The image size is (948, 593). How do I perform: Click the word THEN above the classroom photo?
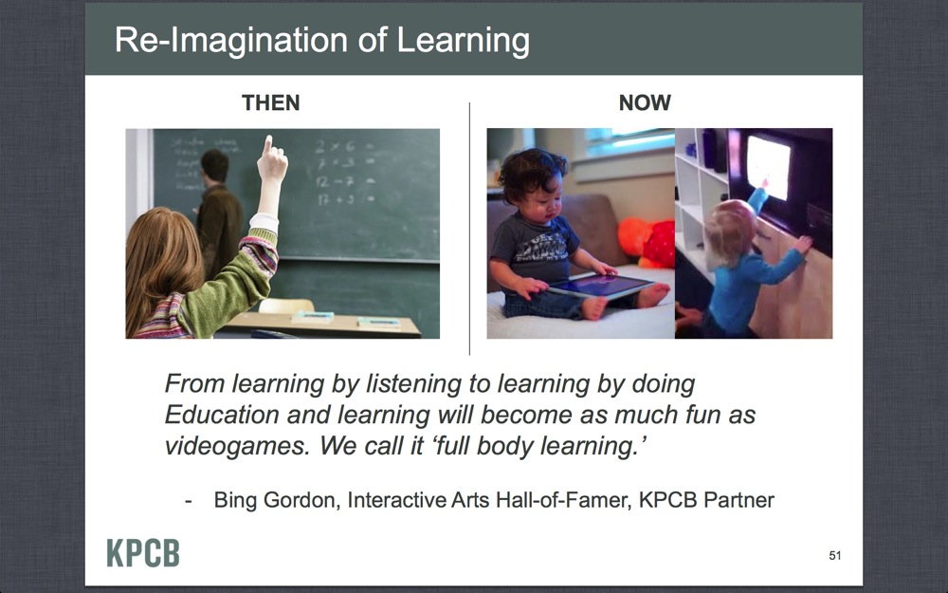click(x=271, y=102)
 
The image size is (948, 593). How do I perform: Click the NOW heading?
click(x=645, y=102)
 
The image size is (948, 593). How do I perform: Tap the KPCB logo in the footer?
click(x=143, y=552)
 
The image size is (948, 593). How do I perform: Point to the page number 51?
click(x=835, y=555)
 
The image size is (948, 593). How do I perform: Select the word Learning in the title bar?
click(x=464, y=42)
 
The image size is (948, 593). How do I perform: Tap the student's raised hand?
click(x=271, y=159)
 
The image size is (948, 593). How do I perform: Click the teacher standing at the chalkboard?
click(x=218, y=213)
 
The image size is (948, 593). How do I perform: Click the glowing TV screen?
click(x=769, y=167)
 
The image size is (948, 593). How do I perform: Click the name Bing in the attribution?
click(x=235, y=501)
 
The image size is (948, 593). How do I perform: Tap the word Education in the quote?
click(x=222, y=416)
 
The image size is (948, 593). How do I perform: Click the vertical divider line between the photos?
click(x=470, y=229)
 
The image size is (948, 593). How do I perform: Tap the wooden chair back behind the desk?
click(x=286, y=306)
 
